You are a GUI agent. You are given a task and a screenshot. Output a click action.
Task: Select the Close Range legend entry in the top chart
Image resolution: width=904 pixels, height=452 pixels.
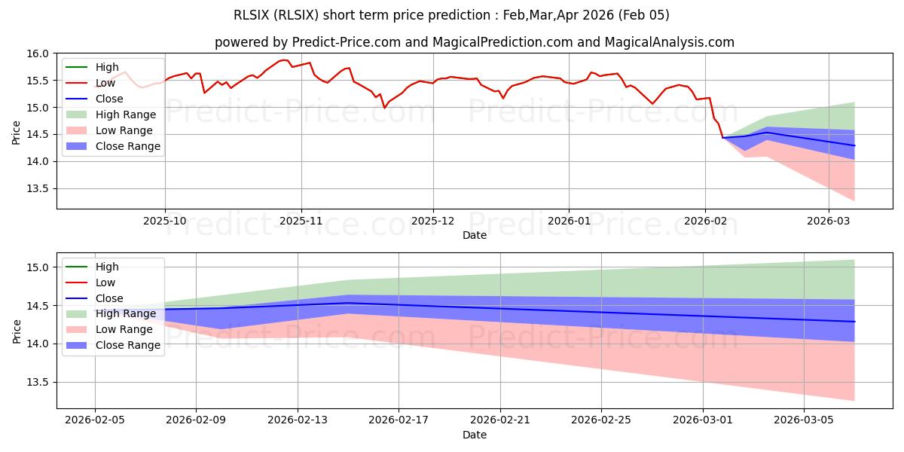(x=127, y=146)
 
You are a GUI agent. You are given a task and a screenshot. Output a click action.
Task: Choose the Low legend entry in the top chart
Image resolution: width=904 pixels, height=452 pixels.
(x=105, y=83)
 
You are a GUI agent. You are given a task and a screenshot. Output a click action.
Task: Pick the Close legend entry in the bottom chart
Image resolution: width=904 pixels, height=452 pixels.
(x=109, y=298)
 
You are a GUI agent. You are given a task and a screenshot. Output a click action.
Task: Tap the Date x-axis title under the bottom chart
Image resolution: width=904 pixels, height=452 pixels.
(x=475, y=435)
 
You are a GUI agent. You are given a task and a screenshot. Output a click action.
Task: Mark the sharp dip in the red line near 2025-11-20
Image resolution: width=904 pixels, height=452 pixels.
(x=384, y=108)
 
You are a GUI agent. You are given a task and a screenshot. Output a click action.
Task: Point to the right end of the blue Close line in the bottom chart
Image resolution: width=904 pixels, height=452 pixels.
(x=855, y=322)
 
